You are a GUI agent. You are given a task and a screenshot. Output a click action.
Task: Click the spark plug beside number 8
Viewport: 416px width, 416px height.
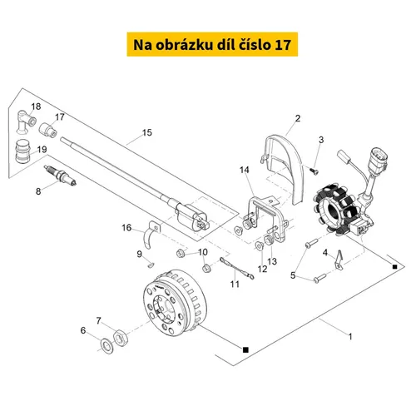click(60, 176)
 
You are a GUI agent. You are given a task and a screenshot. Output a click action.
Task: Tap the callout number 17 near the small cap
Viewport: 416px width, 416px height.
click(60, 117)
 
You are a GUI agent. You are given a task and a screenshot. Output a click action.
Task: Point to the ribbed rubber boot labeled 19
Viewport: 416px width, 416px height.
click(22, 152)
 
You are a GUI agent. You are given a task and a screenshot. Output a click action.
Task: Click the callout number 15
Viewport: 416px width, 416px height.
click(147, 132)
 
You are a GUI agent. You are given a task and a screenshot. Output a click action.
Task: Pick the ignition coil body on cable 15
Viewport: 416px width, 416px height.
click(191, 217)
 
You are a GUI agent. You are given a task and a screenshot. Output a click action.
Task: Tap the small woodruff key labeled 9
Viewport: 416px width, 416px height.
click(151, 265)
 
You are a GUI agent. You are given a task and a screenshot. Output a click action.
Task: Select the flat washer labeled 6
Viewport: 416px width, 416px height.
click(106, 346)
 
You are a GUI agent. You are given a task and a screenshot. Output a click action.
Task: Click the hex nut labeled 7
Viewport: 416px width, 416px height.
click(121, 337)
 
